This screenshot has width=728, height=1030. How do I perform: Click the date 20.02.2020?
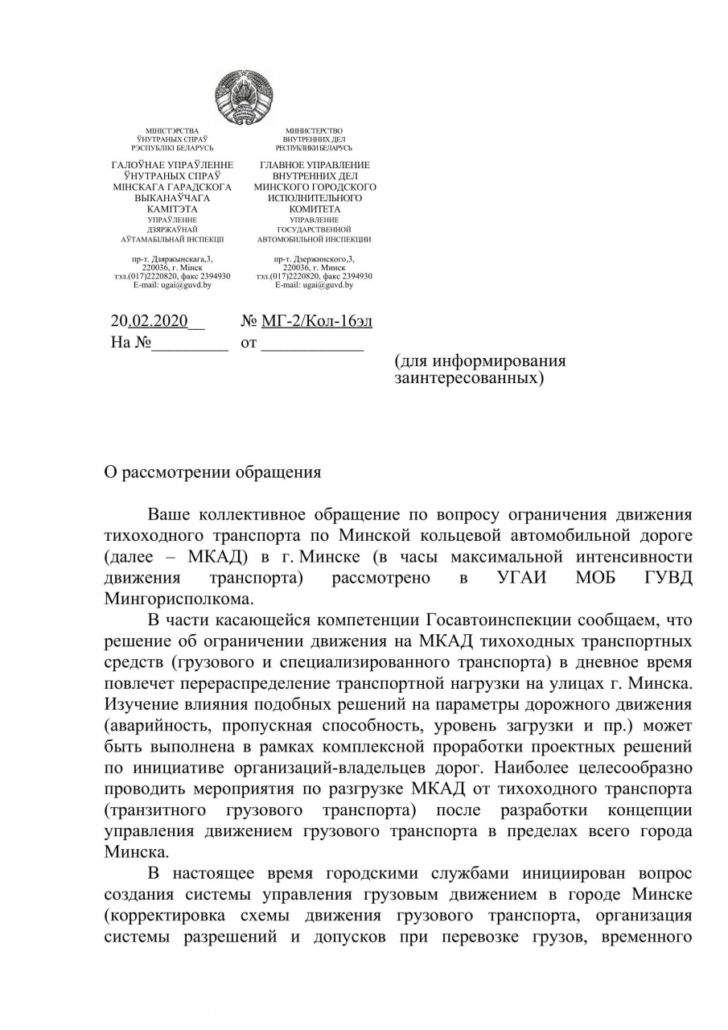click(149, 322)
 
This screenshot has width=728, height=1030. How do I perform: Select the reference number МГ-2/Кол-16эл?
click(317, 322)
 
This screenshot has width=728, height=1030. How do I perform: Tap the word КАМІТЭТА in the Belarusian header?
click(172, 208)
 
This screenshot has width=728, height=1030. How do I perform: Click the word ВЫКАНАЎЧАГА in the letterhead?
click(172, 197)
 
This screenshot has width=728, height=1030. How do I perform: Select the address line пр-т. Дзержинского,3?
click(314, 259)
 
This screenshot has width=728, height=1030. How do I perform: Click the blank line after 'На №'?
click(191, 344)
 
